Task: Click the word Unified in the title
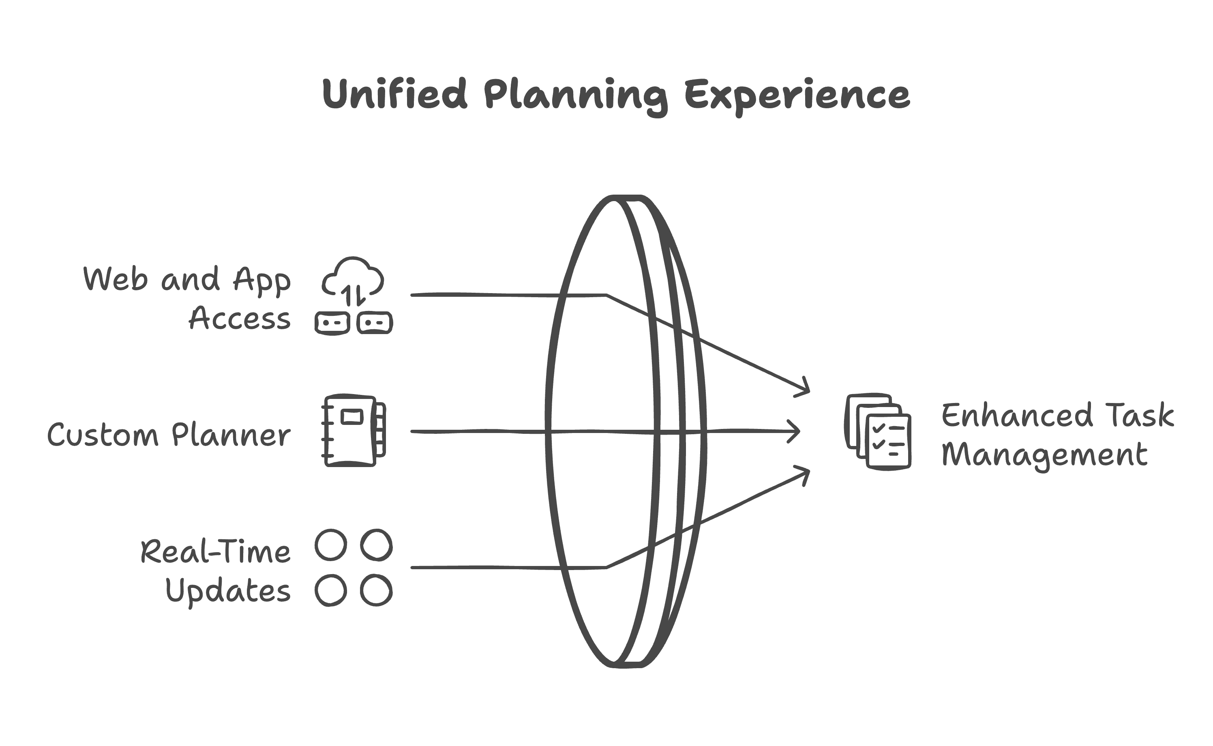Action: (394, 94)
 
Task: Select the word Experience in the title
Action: (797, 97)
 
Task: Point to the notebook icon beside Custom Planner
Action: (354, 430)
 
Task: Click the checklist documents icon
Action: (878, 432)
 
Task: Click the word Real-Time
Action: (216, 552)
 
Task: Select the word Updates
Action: (228, 591)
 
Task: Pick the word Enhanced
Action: (1017, 415)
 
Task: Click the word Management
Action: (1044, 455)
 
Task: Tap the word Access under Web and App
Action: (240, 318)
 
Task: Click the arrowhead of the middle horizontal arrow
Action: (793, 431)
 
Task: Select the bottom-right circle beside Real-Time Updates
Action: (376, 590)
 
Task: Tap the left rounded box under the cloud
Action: (332, 323)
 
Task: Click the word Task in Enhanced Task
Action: (1140, 415)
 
